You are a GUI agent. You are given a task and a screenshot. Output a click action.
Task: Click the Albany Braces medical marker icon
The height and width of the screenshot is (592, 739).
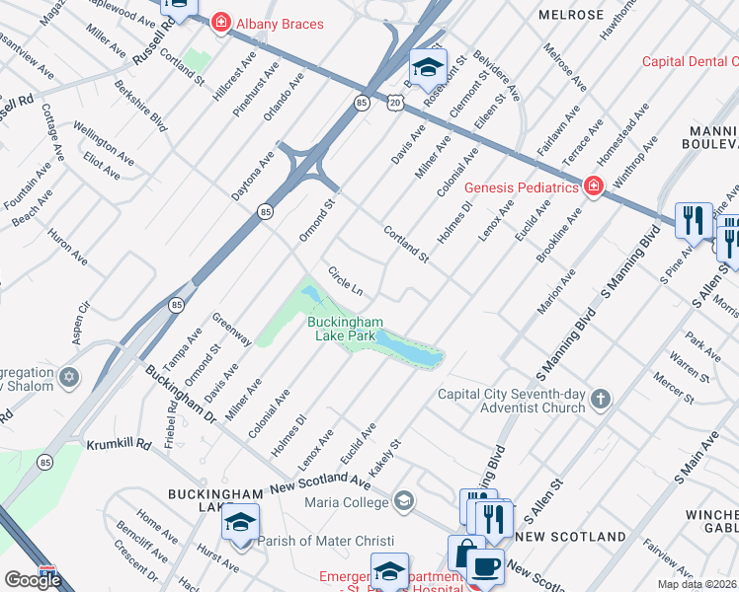coord(219,23)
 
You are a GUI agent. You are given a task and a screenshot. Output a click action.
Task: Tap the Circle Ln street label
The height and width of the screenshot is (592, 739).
coord(346,279)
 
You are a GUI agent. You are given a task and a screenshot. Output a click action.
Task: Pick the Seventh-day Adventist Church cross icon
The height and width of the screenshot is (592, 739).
coord(600,400)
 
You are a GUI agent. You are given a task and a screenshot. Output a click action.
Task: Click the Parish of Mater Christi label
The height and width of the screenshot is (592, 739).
coord(325,541)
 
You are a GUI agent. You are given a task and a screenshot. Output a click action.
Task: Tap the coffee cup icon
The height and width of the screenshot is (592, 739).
coord(484,567)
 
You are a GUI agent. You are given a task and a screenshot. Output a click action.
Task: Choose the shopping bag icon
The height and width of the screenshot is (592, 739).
coord(462,553)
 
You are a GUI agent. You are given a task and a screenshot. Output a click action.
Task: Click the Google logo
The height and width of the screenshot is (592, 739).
coord(33,580)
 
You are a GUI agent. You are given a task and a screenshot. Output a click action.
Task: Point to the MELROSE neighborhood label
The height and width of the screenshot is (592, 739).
coord(571,15)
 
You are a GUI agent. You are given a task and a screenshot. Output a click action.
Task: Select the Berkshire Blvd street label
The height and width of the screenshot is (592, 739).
coord(146,107)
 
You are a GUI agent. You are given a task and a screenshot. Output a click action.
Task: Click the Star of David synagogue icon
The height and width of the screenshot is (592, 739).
coord(68,378)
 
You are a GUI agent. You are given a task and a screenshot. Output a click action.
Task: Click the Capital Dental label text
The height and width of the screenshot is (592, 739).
coord(690,61)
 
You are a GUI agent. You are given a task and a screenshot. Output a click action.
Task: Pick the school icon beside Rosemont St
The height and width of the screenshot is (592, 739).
coord(427,67)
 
